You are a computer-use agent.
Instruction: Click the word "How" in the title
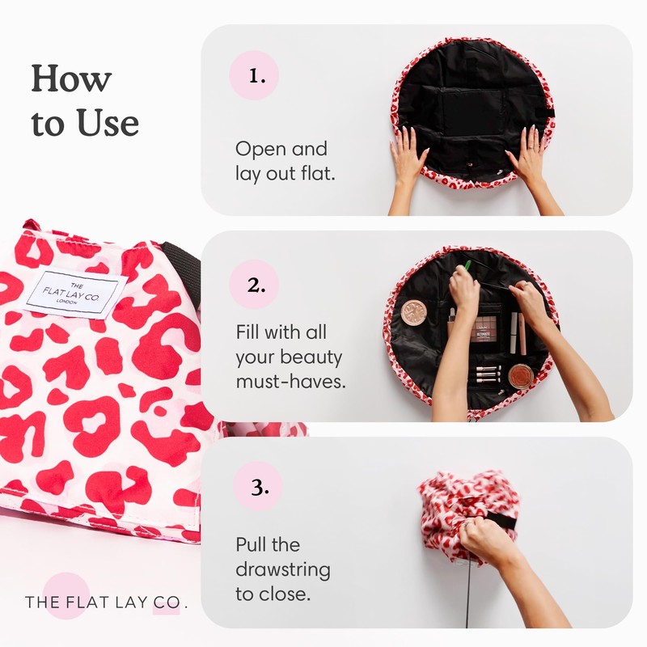pyautogui.click(x=71, y=80)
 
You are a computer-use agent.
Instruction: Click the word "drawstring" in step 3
pyautogui.click(x=283, y=569)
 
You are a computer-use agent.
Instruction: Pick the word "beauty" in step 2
pyautogui.click(x=315, y=357)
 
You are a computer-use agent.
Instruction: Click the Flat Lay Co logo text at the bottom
pyautogui.click(x=105, y=602)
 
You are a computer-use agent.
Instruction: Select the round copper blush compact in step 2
pyautogui.click(x=521, y=376)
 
